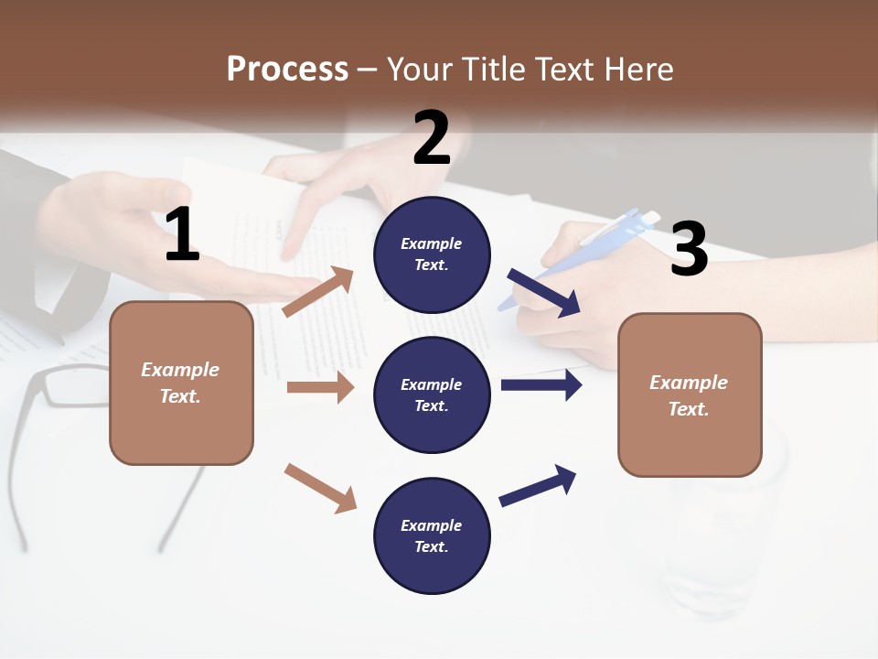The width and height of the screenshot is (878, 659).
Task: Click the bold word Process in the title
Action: [x=287, y=70]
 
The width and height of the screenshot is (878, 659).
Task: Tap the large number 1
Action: [x=182, y=235]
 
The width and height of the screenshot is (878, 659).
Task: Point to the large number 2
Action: [x=432, y=138]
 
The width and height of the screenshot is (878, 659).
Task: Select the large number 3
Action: [x=689, y=249]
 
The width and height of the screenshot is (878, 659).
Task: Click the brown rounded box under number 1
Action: [x=181, y=383]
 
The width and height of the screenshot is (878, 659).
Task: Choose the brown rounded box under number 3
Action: [x=690, y=394]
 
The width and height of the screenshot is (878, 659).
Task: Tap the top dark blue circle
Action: [x=432, y=254]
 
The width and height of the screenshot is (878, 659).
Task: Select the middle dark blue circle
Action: [x=432, y=394]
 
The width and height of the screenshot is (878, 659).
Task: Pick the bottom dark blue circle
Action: [x=432, y=535]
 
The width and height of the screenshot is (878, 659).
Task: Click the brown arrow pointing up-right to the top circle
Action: [x=318, y=292]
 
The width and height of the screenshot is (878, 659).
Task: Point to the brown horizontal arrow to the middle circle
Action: [x=320, y=387]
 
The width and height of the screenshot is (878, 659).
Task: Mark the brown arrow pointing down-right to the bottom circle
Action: [x=320, y=488]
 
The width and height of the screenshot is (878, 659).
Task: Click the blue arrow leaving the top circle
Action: [x=544, y=293]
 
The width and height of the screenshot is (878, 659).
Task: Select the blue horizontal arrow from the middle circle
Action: [x=541, y=385]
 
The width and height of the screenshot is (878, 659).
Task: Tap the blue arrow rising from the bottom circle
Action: [x=539, y=485]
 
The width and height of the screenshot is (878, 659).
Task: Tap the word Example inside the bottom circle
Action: [x=432, y=525]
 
